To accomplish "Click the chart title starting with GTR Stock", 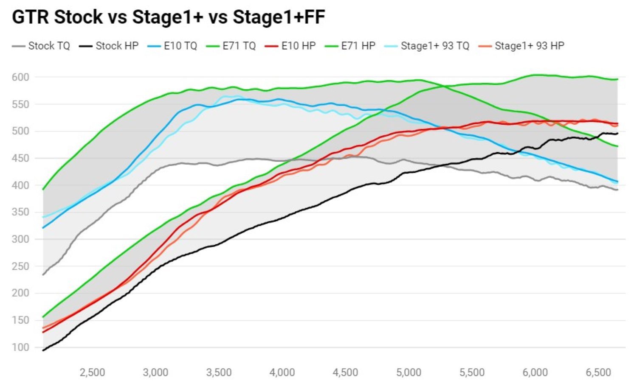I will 168,17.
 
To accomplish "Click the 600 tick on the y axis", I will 20,77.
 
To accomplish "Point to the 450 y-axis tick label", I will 20,158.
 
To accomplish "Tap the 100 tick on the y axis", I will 20,347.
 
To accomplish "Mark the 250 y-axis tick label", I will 20,266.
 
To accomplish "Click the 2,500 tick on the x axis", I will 92,372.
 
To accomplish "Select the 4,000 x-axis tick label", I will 282,372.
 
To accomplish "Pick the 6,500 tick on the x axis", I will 598,372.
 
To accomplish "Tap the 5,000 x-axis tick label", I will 409,372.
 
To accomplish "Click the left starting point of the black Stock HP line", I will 43,350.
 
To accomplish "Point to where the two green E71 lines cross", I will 443,86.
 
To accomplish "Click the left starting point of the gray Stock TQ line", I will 43,275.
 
